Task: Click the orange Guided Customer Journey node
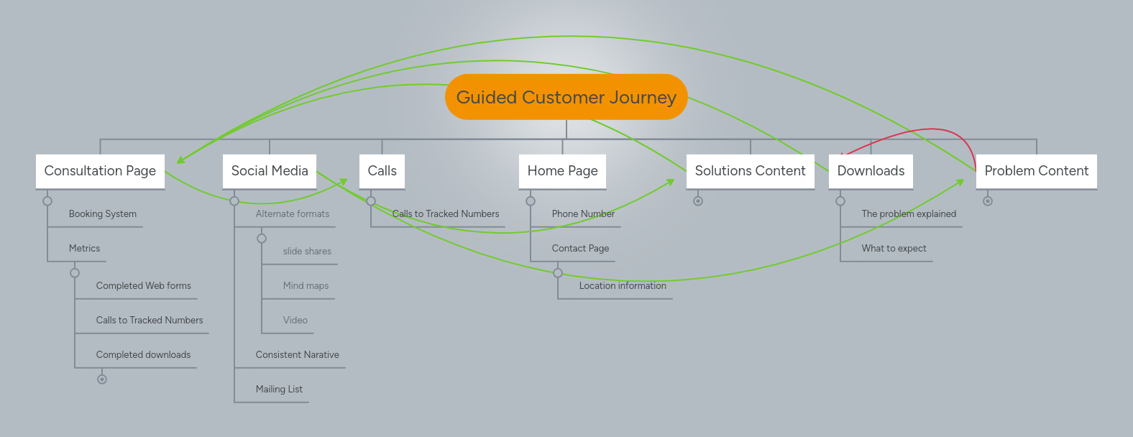click(x=566, y=97)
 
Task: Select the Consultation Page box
click(x=100, y=171)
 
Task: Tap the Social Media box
click(x=270, y=171)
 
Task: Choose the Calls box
click(x=382, y=171)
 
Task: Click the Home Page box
click(x=562, y=171)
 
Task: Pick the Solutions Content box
click(x=750, y=171)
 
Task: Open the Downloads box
click(x=871, y=171)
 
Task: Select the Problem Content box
click(x=1036, y=171)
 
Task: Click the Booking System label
click(x=103, y=214)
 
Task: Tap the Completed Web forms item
click(x=144, y=286)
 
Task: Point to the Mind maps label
click(x=306, y=286)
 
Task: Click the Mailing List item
click(x=279, y=390)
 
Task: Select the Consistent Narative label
click(x=297, y=355)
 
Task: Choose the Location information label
click(x=623, y=286)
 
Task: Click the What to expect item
click(x=894, y=249)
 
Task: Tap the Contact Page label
click(x=580, y=249)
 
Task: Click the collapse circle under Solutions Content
click(x=697, y=201)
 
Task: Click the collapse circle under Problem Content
click(x=988, y=201)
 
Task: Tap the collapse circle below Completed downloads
click(x=102, y=379)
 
